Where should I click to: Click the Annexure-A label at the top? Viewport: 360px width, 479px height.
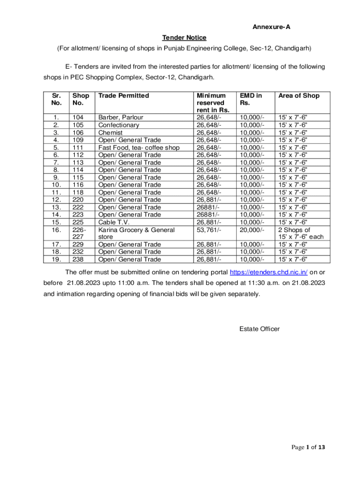272,27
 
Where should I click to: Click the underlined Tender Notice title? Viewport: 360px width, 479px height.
184,37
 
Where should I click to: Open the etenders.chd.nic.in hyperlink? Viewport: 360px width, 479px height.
268,272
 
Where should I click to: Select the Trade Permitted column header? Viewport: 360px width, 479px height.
123,95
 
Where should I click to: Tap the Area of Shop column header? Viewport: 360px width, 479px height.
299,95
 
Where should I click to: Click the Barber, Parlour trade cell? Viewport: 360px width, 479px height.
121,117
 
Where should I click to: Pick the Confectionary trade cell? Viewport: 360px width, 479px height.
119,125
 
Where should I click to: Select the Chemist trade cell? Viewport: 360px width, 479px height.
110,132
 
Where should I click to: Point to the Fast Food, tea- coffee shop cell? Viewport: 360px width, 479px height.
139,147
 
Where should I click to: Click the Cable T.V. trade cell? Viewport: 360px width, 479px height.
114,222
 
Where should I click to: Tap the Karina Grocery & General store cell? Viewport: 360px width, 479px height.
136,233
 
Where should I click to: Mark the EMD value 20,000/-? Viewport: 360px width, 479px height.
252,230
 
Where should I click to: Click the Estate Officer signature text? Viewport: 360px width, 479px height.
259,329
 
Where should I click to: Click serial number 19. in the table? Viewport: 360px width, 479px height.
56,259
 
